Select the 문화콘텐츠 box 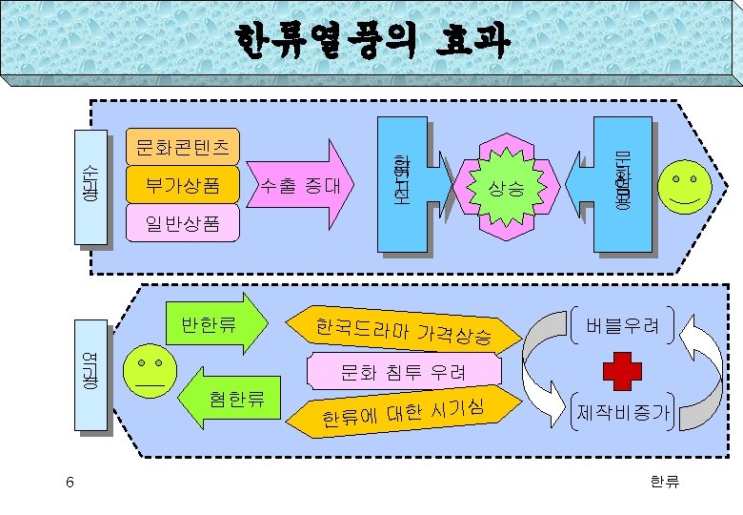pyautogui.click(x=182, y=146)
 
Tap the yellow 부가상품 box pyautogui.click(x=182, y=185)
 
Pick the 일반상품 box pyautogui.click(x=182, y=225)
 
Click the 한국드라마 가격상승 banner pyautogui.click(x=405, y=331)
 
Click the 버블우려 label pyautogui.click(x=624, y=326)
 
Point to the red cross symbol pyautogui.click(x=624, y=370)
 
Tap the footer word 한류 pyautogui.click(x=664, y=483)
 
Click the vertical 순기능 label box pyautogui.click(x=91, y=186)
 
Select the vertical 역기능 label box pyautogui.click(x=92, y=376)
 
